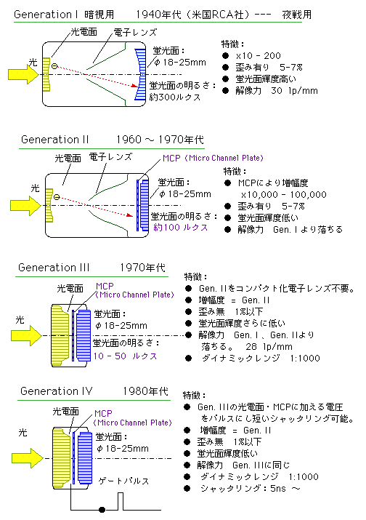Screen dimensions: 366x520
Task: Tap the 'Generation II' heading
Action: coord(55,140)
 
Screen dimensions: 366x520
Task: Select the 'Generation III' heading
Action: coord(54,268)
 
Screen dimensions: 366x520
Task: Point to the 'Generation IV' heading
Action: coord(57,391)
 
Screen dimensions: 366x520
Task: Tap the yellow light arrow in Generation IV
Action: coord(27,458)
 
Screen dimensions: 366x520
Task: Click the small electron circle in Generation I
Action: coord(54,66)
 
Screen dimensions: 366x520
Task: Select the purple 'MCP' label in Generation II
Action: coord(171,159)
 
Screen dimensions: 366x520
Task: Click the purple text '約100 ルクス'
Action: coord(181,228)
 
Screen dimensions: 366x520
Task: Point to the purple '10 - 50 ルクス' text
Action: coord(125,356)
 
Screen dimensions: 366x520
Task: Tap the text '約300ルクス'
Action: coord(175,97)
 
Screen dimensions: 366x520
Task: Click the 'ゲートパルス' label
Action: coord(123,481)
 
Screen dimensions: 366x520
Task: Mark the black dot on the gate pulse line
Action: coord(102,509)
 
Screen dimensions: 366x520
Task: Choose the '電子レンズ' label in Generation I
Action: coord(135,32)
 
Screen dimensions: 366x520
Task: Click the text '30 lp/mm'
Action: coord(294,90)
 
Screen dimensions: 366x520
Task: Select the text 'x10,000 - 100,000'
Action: coord(284,195)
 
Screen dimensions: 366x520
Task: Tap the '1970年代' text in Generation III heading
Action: coord(142,268)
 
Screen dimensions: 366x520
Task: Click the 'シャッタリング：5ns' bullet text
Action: coord(243,488)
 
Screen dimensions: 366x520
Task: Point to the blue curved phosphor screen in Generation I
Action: coord(140,74)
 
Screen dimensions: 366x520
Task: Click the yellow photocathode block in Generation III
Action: coord(60,335)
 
